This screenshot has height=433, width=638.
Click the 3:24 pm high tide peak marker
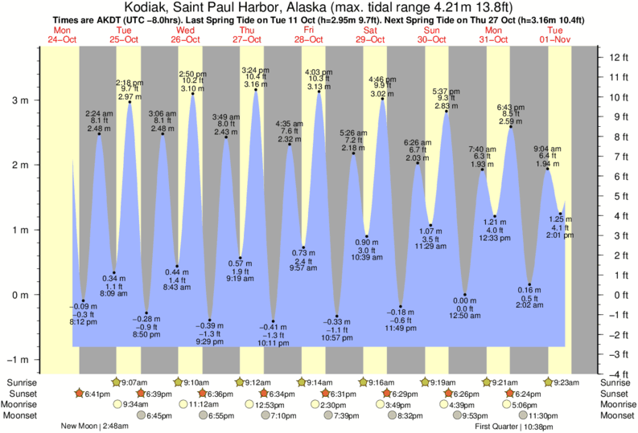click(x=256, y=90)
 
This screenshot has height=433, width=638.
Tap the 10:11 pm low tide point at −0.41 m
click(x=273, y=321)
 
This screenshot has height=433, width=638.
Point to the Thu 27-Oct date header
click(x=247, y=35)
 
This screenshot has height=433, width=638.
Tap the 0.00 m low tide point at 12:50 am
click(x=464, y=295)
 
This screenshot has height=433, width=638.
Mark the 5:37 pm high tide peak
click(x=447, y=112)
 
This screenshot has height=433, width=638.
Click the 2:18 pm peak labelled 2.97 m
click(x=130, y=102)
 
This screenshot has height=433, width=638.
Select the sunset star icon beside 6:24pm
click(x=509, y=394)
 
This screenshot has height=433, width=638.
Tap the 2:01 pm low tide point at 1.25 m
click(x=561, y=214)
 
